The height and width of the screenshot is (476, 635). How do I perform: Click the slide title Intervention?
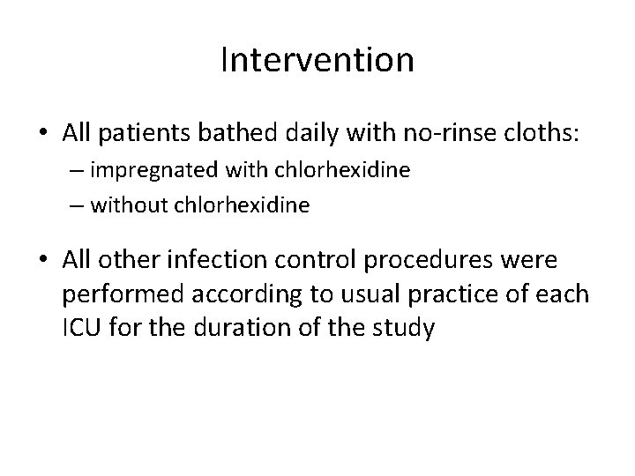tap(317, 61)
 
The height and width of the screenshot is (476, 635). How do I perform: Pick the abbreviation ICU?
tap(79, 328)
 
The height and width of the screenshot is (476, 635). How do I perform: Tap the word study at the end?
tap(404, 328)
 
